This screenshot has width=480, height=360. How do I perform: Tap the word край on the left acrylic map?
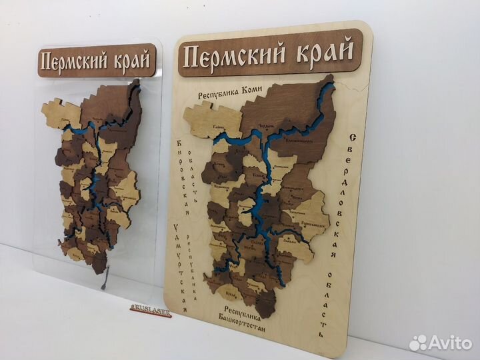click(x=131, y=58)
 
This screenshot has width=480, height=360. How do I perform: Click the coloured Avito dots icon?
click(x=419, y=343)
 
